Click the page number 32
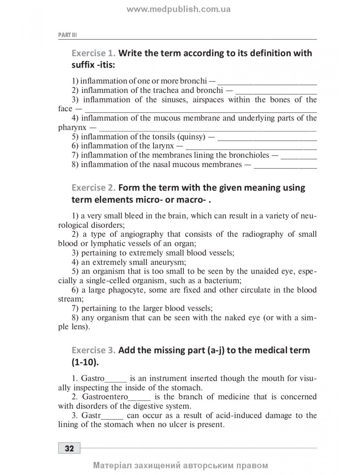[x=69, y=448]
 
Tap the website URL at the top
[x=179, y=9]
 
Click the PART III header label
[x=67, y=35]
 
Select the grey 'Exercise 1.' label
[x=93, y=53]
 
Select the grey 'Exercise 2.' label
[x=93, y=187]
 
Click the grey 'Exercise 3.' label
[x=93, y=350]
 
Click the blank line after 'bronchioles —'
[x=299, y=155]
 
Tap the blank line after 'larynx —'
[x=251, y=146]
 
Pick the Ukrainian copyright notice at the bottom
[x=181, y=465]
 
